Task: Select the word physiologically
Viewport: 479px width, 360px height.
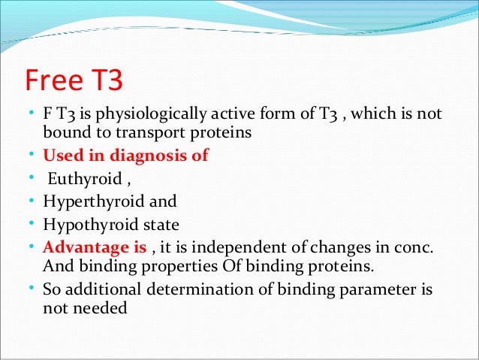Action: pos(149,114)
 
